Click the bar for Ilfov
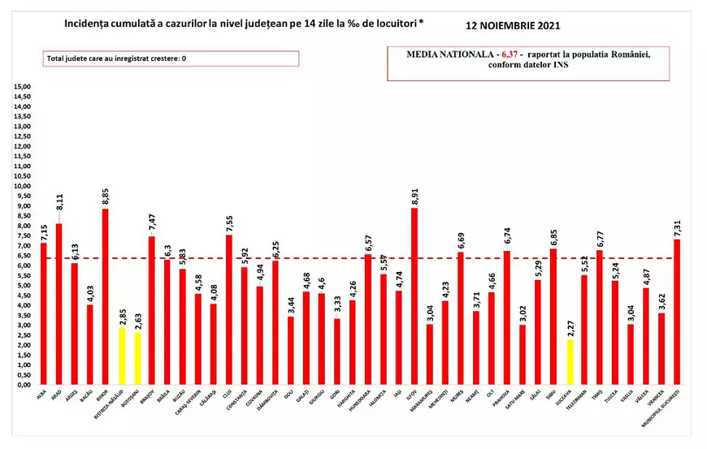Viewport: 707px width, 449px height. point(415,296)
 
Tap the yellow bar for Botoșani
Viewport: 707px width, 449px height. point(137,358)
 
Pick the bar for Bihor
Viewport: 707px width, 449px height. point(106,297)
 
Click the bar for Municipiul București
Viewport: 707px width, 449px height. point(678,313)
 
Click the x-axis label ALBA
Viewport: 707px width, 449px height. point(41,395)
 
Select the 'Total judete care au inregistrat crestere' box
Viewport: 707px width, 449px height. point(171,58)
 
